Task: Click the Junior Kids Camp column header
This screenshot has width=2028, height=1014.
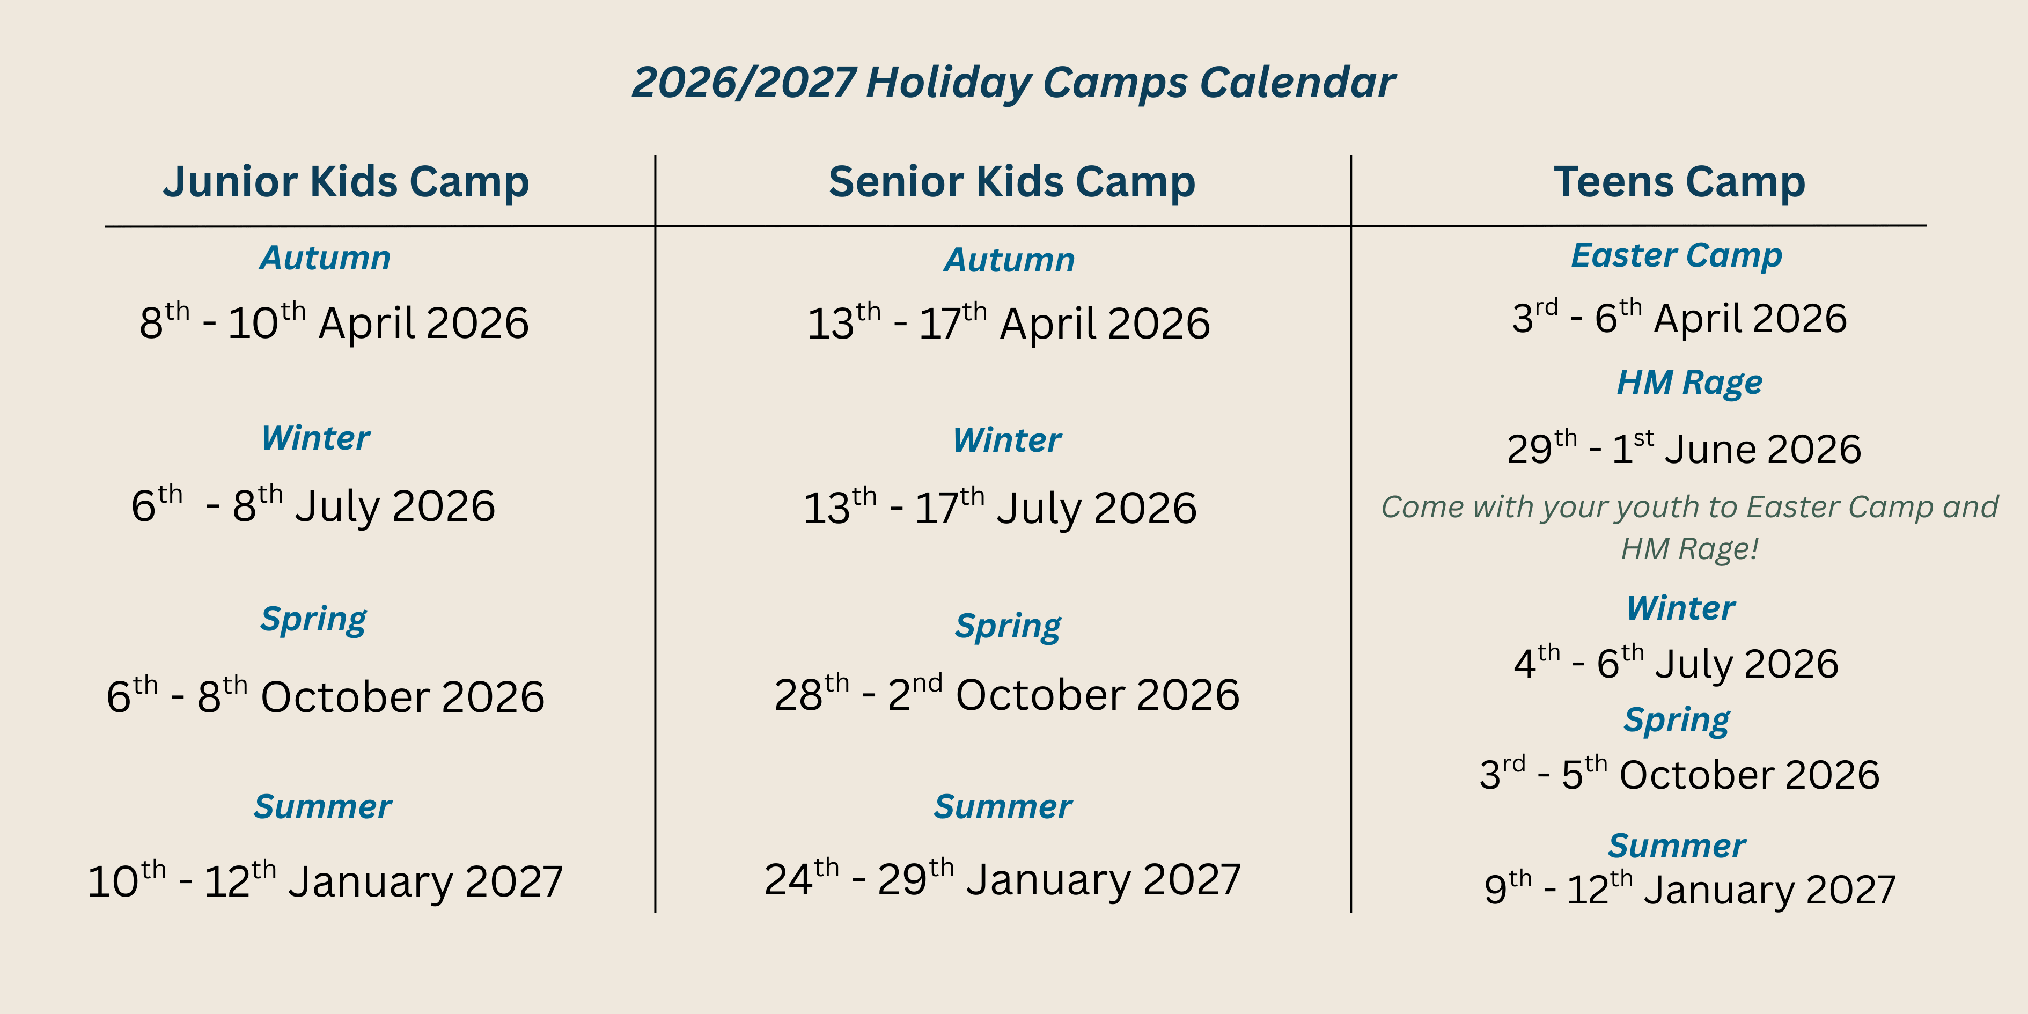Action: (x=347, y=182)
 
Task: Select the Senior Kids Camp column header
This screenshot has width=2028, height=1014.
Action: (x=1012, y=182)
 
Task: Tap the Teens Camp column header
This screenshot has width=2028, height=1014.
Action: (x=1679, y=182)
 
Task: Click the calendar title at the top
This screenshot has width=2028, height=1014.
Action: (x=1013, y=83)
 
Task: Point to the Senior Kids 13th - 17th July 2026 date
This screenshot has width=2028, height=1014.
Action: (x=1000, y=506)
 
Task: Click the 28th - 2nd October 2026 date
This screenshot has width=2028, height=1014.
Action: (x=1007, y=694)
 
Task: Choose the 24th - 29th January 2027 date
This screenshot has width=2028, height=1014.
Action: (x=1002, y=879)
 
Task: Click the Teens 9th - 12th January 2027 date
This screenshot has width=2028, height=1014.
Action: (x=1689, y=888)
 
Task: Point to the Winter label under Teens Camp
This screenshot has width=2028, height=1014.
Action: (x=1681, y=608)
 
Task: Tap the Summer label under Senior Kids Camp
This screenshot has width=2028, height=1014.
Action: (x=1003, y=807)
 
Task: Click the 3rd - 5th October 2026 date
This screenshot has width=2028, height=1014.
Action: (x=1679, y=774)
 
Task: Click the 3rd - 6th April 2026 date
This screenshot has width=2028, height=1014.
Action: (x=1679, y=317)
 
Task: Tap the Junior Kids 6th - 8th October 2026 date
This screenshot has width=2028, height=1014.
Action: (x=325, y=695)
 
